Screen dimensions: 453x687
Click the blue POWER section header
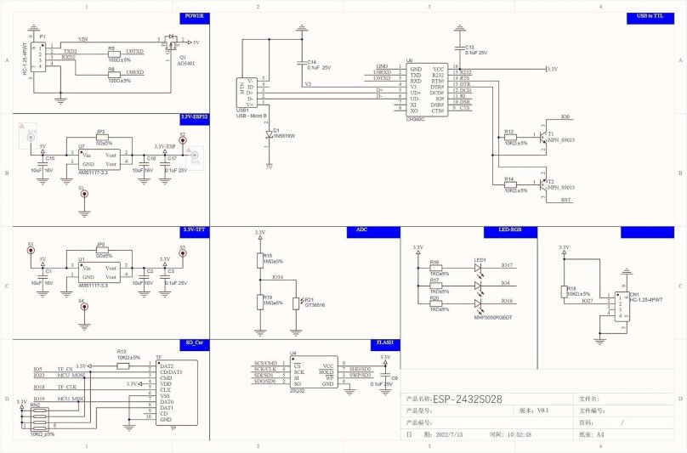tap(195, 16)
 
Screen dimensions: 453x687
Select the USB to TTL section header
tap(651, 16)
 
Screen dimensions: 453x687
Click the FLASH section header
tap(383, 343)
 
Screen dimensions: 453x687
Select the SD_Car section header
tap(195, 343)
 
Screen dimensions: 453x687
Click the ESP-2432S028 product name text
tap(466, 398)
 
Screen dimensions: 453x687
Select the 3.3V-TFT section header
tap(195, 230)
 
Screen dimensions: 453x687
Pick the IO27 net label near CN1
tap(588, 300)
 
